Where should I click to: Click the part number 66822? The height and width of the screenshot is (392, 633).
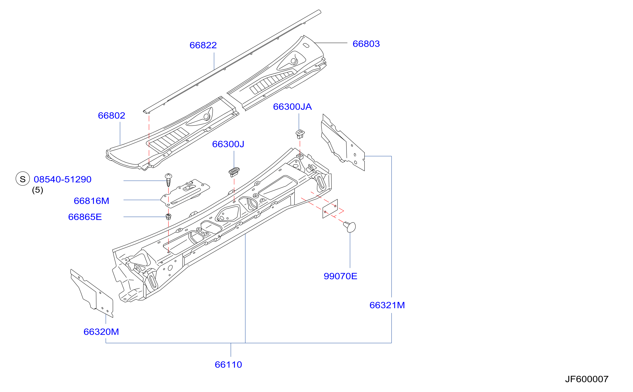(203, 45)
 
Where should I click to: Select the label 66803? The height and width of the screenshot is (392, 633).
(366, 44)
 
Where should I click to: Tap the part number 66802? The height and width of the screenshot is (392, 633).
(111, 115)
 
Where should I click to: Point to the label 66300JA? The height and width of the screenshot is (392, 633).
(292, 107)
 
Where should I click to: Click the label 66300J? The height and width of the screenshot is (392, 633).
(228, 144)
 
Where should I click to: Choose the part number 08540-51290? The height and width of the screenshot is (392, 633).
(62, 179)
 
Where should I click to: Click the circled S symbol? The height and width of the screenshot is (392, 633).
(23, 179)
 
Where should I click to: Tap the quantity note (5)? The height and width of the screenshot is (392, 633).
(38, 190)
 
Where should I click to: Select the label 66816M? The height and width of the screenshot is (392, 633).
(91, 201)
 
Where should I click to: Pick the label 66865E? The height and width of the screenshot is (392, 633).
(85, 217)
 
